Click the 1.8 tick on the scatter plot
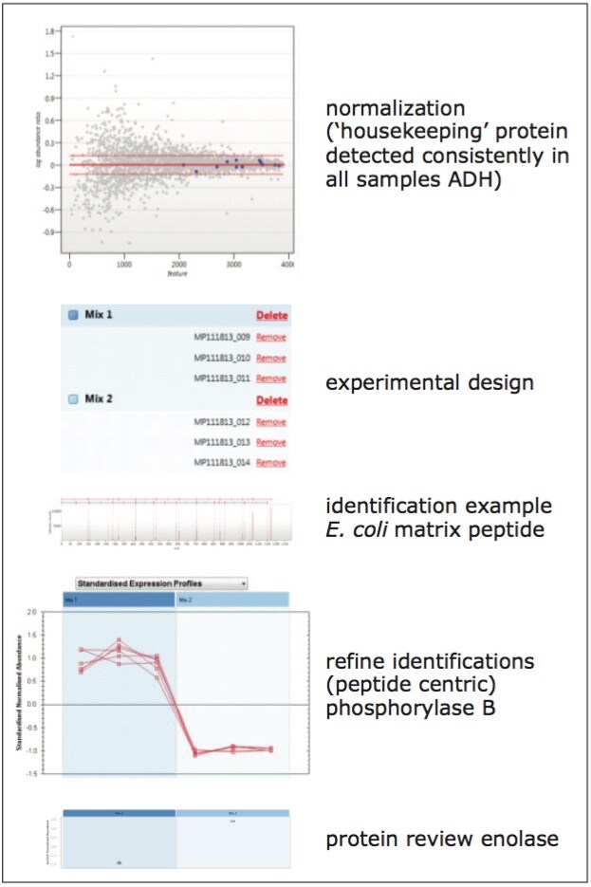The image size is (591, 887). click(48, 31)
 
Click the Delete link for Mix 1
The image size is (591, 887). click(271, 316)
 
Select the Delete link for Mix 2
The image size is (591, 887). click(271, 400)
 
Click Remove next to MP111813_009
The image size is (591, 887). click(271, 337)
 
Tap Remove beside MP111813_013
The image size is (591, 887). click(271, 442)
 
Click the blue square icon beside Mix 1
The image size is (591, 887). click(72, 315)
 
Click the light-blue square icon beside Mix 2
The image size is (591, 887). click(72, 400)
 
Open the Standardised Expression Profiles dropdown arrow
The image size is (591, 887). click(243, 583)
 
